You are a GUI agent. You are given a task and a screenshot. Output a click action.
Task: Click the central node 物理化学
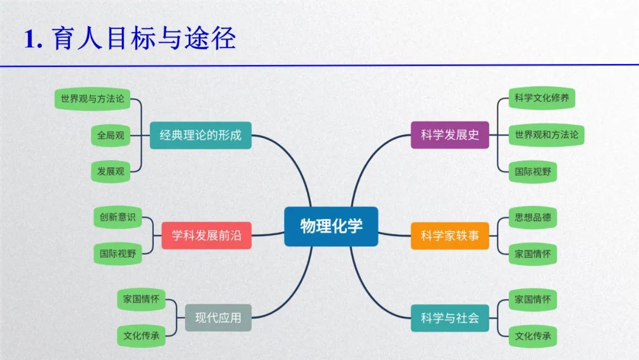pos(331,226)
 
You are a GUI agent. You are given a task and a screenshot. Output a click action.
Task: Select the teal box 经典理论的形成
pos(201,135)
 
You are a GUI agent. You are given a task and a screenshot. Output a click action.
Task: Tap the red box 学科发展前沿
pos(206,236)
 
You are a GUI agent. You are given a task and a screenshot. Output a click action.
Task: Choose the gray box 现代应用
pos(218,317)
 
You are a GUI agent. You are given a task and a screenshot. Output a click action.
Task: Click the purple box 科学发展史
pos(450,135)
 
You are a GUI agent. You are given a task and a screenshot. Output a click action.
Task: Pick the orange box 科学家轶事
pos(450,236)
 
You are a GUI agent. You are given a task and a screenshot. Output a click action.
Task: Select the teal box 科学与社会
pos(450,318)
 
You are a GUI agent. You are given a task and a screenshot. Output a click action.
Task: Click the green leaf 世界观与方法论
pos(92,99)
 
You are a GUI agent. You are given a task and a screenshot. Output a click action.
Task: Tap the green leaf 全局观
pos(111,136)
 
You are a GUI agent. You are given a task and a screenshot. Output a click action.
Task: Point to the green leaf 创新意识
pos(118,217)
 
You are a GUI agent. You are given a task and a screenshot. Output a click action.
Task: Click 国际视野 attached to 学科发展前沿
pos(118,253)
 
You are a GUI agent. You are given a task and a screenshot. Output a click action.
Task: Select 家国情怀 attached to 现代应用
pos(141,299)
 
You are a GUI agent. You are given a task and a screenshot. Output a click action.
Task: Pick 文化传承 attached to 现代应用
pos(141,336)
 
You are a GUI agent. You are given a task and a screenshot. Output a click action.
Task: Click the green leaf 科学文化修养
pos(541,98)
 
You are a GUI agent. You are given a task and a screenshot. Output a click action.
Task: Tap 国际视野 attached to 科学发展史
pos(532,172)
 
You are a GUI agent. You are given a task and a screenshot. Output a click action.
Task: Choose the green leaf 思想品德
pos(532,217)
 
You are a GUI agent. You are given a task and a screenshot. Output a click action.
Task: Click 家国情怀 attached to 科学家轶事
pos(532,254)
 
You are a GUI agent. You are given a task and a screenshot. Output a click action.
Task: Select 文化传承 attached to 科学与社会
pos(532,336)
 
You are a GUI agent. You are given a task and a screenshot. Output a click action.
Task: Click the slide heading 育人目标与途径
pos(144,38)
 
